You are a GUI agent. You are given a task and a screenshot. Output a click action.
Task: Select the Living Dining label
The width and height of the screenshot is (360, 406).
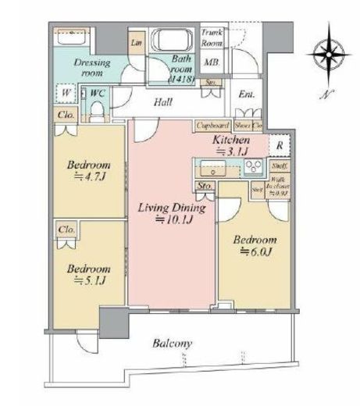[x=172, y=208]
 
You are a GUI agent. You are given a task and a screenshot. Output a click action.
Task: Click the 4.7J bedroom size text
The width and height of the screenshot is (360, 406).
[x=87, y=177]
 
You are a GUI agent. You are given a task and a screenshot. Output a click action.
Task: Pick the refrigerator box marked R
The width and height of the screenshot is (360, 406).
[x=280, y=145]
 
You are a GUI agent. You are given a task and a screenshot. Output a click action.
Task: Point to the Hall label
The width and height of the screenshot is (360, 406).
[x=162, y=101]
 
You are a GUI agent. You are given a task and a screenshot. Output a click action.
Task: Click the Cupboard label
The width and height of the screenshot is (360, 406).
[x=212, y=124]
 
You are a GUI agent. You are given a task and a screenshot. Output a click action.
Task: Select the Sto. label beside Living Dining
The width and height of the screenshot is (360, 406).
[x=205, y=186]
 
